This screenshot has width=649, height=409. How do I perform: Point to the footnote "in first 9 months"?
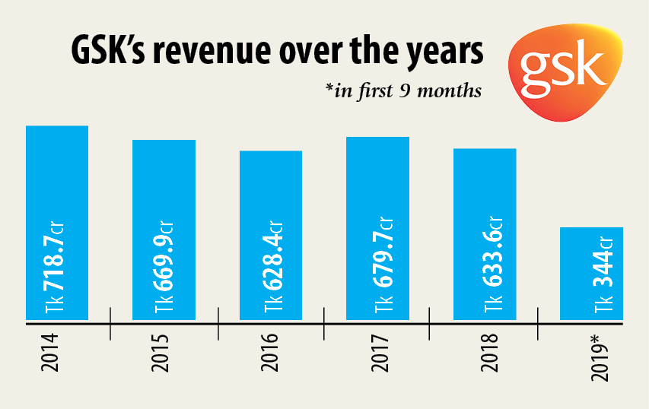[x=403, y=90]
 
